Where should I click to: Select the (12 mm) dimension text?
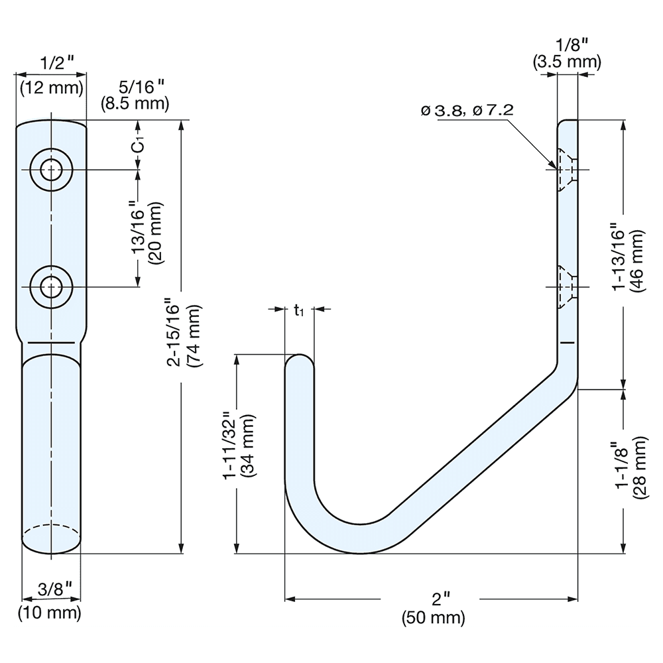coord(52,88)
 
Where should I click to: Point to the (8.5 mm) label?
coord(135,103)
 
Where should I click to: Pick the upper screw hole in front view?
coord(50,170)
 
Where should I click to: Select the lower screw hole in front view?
coord(50,287)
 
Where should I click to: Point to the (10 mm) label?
coord(50,612)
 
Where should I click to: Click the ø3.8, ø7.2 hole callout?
coord(467,111)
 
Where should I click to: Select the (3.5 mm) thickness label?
coord(567,62)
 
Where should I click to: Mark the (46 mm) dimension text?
coord(639,261)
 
